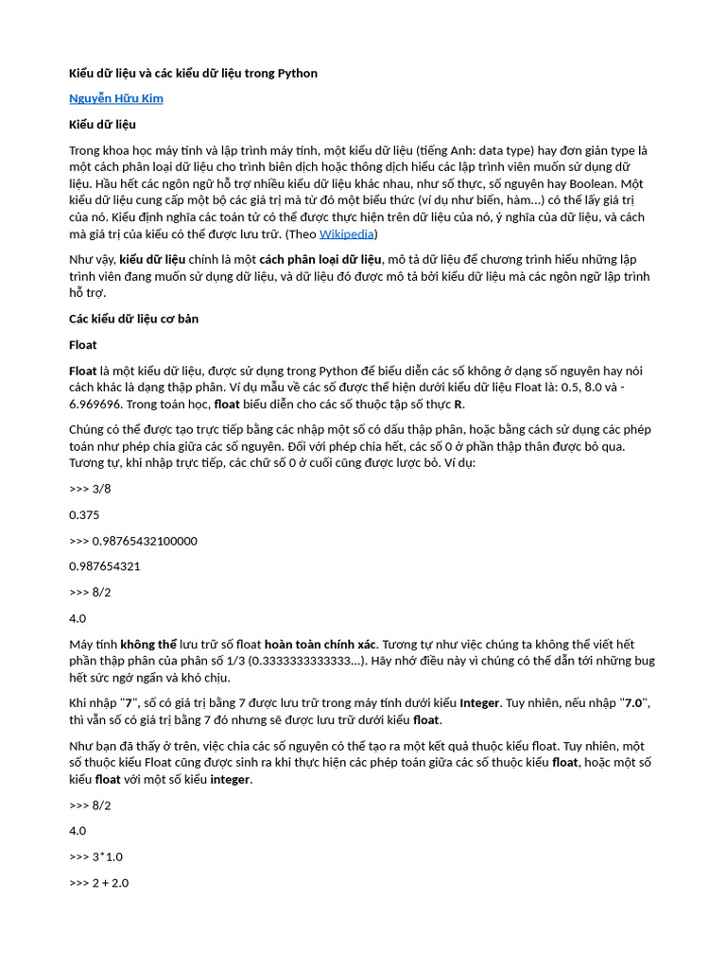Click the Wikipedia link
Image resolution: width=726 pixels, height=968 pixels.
[x=346, y=233]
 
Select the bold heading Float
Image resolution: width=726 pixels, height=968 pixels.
[x=83, y=344]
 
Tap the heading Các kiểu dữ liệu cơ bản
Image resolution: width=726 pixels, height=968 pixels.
[x=133, y=319]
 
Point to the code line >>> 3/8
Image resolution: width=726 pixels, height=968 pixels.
[x=90, y=489]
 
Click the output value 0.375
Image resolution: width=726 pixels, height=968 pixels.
[x=84, y=515]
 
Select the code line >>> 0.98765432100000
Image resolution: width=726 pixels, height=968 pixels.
[x=133, y=541]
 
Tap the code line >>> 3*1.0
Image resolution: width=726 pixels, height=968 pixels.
[x=95, y=856]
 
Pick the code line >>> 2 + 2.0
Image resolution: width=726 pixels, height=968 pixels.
[x=99, y=883]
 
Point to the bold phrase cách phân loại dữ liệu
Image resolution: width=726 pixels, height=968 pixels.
[x=320, y=259]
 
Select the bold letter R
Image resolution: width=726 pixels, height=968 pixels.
[x=458, y=404]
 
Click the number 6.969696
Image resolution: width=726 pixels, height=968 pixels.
[x=96, y=404]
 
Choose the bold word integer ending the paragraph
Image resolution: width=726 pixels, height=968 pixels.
[x=230, y=779]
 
